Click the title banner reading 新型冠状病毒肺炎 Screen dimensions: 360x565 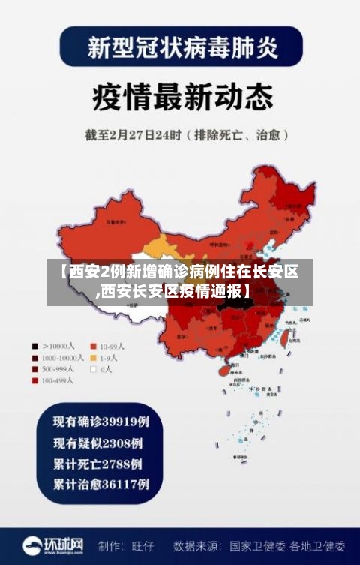tap(181, 47)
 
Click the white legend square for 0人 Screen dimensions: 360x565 tap(94, 369)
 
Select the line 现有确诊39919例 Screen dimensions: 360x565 tap(100, 421)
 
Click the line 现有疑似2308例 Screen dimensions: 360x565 tap(97, 442)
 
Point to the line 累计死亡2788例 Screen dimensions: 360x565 tap(97, 463)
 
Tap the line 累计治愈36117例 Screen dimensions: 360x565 tap(100, 484)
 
